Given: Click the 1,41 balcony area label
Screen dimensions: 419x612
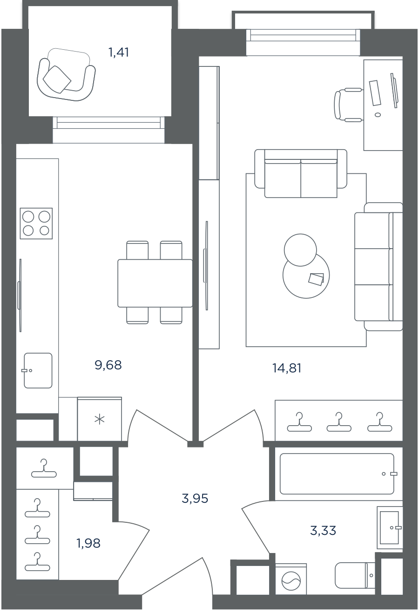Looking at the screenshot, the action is (x=119, y=53).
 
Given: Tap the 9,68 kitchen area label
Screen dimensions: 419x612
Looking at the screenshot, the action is (x=108, y=365).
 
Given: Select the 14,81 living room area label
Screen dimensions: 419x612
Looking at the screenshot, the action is (x=287, y=368).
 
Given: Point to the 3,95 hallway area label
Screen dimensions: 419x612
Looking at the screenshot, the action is (x=195, y=498).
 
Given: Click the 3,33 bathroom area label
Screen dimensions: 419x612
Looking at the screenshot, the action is (x=323, y=530).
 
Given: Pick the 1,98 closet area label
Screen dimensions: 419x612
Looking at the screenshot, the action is (x=88, y=543).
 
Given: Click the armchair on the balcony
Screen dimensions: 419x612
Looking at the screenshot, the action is (x=66, y=75).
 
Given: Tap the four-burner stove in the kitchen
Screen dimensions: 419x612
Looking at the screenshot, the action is (x=36, y=224).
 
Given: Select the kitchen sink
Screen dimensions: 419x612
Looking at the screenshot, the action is (x=38, y=370).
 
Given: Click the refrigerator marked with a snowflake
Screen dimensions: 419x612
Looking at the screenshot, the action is (x=99, y=419).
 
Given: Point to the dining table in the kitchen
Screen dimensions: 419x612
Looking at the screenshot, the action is (x=155, y=283).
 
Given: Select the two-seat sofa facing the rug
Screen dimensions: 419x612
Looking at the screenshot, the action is (x=301, y=173).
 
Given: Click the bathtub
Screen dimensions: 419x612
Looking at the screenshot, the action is (x=337, y=474).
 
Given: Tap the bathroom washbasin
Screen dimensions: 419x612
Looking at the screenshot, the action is (x=390, y=527).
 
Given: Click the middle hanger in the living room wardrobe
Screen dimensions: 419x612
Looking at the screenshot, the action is (x=339, y=422).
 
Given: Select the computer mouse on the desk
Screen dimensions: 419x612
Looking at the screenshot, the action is (x=378, y=115).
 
